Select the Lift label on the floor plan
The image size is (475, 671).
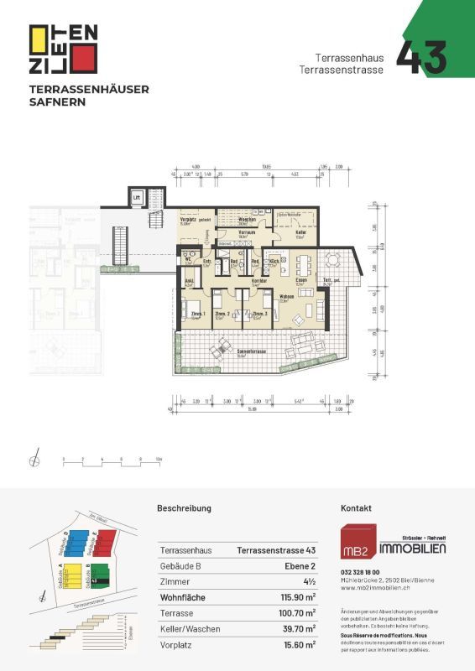(x=137, y=197)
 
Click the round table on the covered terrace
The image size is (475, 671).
(x=332, y=260)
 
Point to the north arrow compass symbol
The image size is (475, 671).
(x=34, y=459)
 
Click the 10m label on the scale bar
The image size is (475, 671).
(x=158, y=460)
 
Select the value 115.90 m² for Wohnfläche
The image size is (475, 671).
(x=297, y=597)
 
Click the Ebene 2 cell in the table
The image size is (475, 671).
(x=298, y=566)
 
